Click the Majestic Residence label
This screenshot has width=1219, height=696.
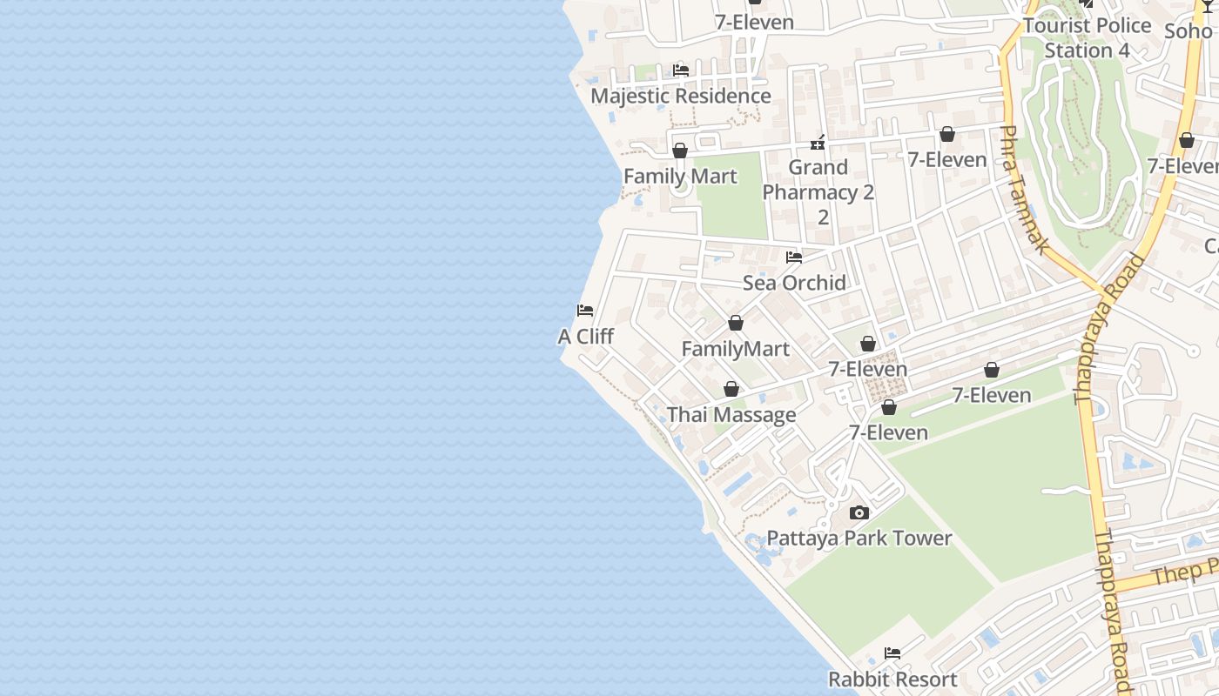click(x=681, y=96)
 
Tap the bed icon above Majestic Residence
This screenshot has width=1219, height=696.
click(x=681, y=70)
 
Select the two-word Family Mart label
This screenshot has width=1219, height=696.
click(x=680, y=176)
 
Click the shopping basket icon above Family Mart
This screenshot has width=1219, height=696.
click(x=680, y=151)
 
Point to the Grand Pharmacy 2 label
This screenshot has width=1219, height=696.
click(x=818, y=180)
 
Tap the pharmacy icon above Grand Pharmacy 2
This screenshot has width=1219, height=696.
click(x=818, y=142)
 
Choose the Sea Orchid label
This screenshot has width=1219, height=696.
click(x=794, y=283)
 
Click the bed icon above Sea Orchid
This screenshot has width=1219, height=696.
click(x=794, y=258)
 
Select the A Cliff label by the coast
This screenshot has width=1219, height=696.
click(x=585, y=336)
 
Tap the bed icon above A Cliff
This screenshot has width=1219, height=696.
click(x=585, y=311)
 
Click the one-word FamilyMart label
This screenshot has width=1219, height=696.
click(x=736, y=349)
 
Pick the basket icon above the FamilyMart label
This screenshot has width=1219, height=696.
click(x=736, y=324)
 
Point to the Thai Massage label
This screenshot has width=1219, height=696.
click(x=731, y=415)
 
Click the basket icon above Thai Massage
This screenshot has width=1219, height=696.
click(x=731, y=389)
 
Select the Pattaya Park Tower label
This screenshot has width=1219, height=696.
click(x=859, y=538)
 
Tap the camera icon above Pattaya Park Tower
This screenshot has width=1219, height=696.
click(x=859, y=512)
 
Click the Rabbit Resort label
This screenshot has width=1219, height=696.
click(x=892, y=679)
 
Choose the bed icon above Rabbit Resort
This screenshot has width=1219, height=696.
click(x=892, y=653)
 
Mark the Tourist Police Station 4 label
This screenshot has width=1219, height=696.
click(x=1087, y=37)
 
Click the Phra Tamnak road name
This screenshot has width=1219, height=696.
click(x=1023, y=190)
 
